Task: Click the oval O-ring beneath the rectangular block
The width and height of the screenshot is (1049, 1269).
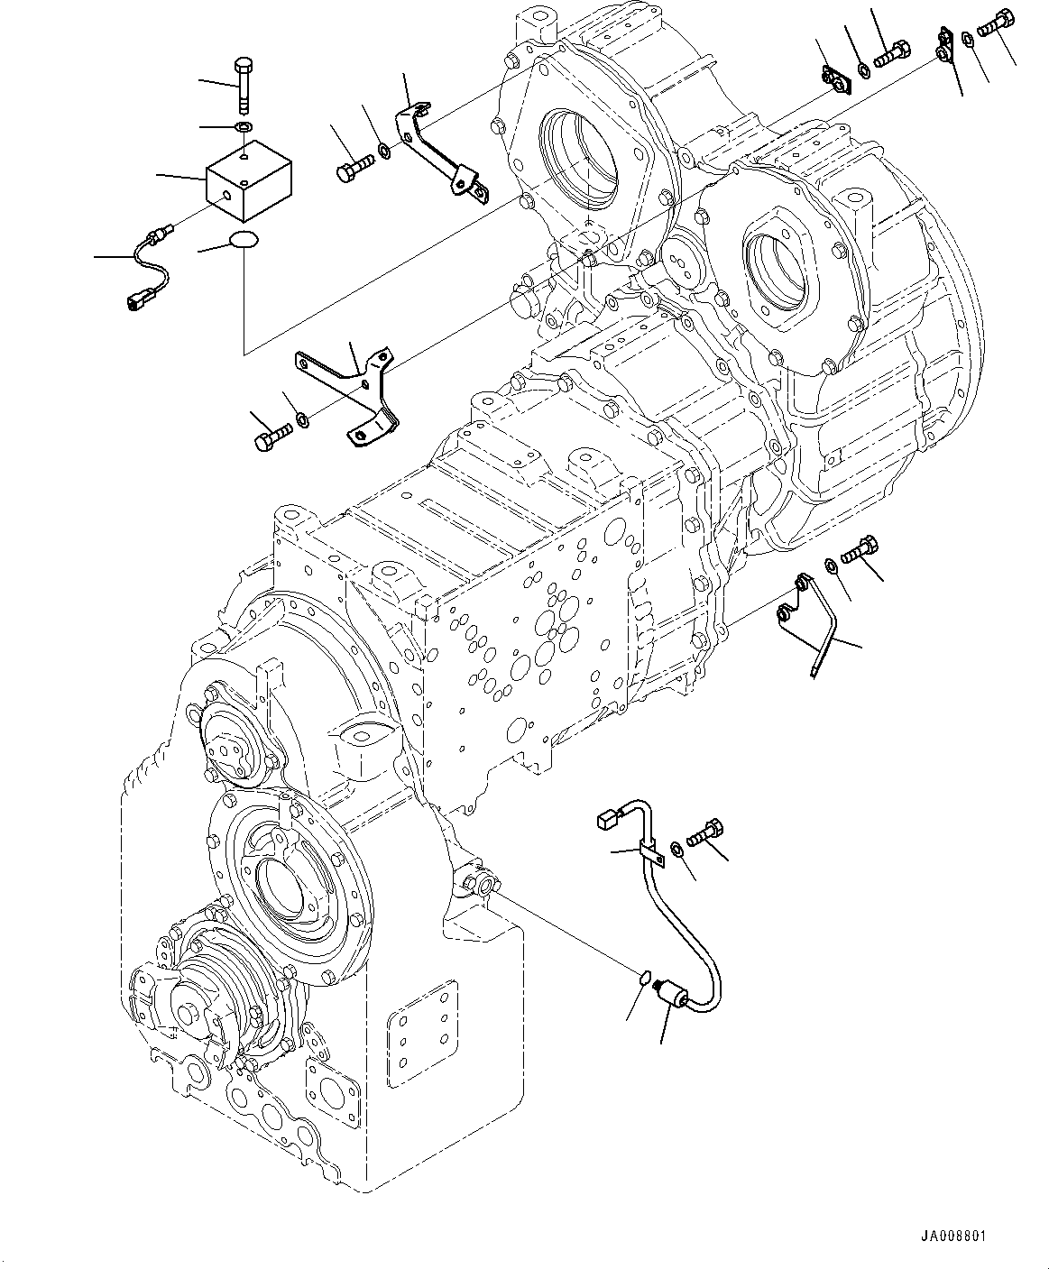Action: (x=243, y=240)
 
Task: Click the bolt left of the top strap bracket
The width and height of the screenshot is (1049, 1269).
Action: (x=354, y=168)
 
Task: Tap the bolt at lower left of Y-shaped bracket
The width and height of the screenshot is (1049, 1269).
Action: (x=272, y=438)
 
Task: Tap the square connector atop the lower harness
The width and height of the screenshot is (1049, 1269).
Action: (x=606, y=820)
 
